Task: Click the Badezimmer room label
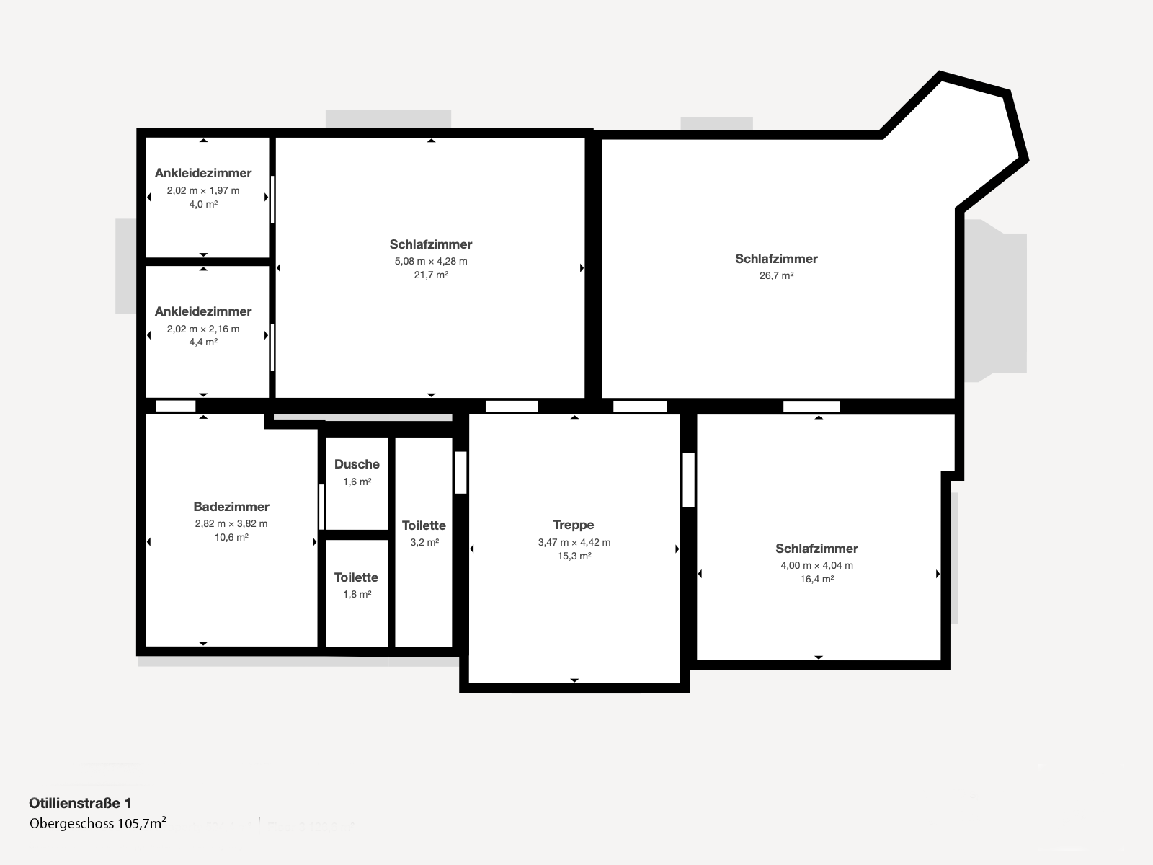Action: (231, 507)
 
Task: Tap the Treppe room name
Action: (574, 525)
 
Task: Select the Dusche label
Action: (357, 464)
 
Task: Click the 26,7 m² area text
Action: (776, 276)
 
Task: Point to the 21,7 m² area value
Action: (431, 275)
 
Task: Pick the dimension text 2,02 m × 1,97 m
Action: (203, 190)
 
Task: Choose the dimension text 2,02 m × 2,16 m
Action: (203, 329)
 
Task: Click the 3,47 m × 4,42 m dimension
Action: (574, 543)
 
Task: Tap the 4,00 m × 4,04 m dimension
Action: (816, 566)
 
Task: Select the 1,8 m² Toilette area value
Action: (357, 594)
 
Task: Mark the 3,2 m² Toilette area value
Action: (424, 542)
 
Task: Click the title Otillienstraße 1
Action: (81, 803)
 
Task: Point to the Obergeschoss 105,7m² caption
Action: (98, 823)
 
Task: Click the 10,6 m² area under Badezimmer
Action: (231, 537)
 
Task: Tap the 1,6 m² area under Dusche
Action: (357, 482)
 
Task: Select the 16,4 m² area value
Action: (816, 580)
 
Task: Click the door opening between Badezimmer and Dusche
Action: (321, 507)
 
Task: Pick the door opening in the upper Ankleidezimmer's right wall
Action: (272, 199)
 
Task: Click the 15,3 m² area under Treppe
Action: (574, 556)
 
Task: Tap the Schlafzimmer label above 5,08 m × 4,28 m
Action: (431, 244)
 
